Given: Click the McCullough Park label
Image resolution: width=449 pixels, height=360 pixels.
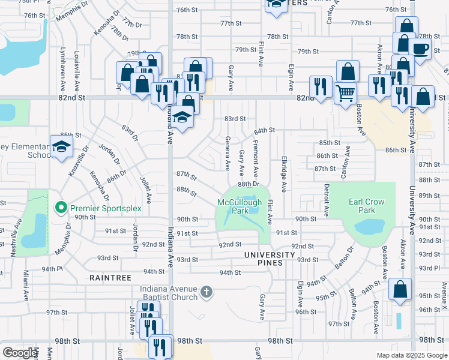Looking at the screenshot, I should (x=241, y=207).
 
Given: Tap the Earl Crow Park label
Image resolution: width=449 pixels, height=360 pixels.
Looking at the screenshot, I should (x=366, y=206).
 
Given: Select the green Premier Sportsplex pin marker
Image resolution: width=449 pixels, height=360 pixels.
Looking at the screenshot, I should (x=61, y=208).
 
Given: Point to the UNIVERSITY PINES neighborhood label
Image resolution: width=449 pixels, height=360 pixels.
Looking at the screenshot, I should (x=270, y=255).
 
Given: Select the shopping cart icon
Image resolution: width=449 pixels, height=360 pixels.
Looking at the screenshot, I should (x=345, y=93).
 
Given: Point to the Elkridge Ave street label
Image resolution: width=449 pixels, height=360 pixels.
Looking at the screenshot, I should (x=283, y=173).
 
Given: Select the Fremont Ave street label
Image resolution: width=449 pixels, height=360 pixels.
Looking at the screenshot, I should (x=256, y=155).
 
